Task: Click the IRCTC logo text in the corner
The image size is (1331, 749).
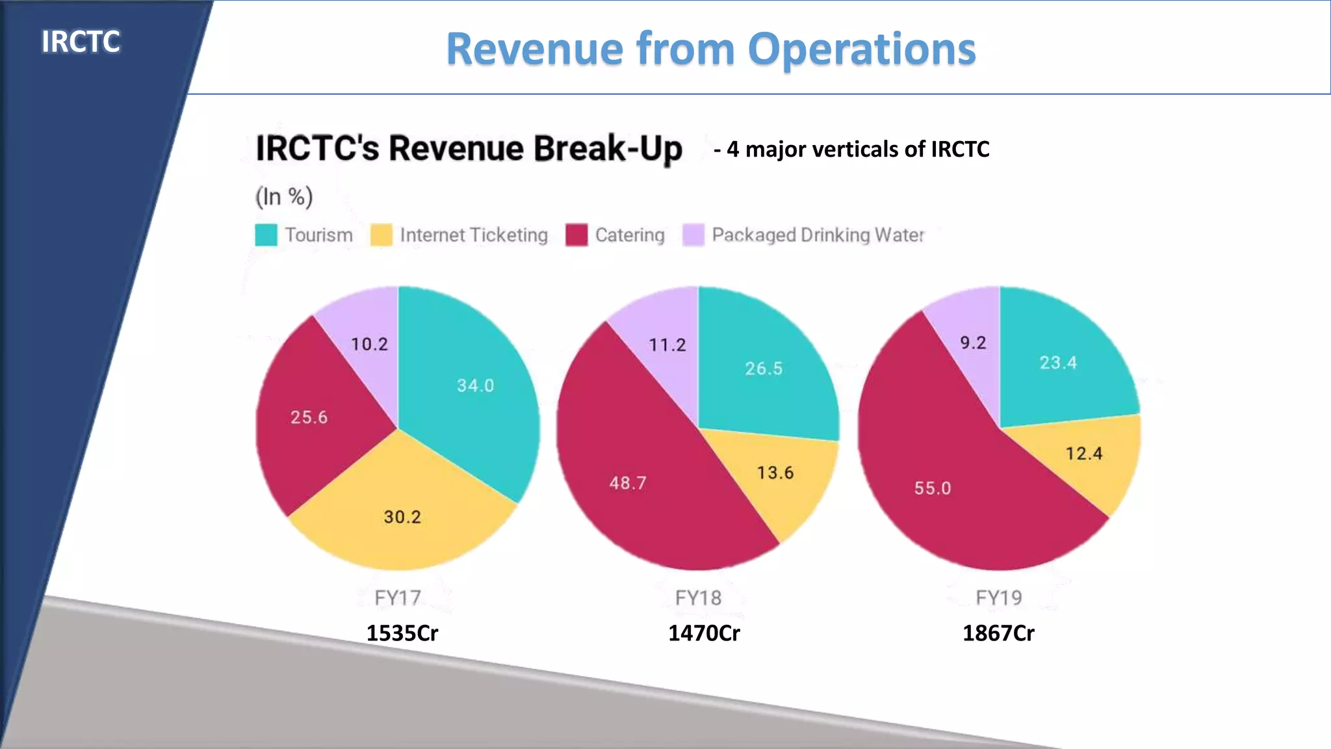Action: point(81,42)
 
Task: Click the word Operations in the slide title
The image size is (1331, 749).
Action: point(862,49)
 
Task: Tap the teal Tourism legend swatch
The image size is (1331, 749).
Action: point(266,235)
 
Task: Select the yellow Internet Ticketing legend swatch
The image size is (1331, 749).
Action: point(381,235)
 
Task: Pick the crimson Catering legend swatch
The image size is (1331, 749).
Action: point(576,235)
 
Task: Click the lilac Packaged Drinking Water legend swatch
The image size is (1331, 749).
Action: point(693,235)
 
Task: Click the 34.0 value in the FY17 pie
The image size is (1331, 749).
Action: point(475,386)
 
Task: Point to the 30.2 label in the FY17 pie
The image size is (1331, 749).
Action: point(402,517)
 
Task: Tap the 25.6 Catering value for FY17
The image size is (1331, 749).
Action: point(309,417)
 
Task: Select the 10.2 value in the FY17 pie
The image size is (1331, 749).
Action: point(369,344)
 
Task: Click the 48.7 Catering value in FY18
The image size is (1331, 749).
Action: point(628,483)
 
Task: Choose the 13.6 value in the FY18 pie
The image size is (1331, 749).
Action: point(775,473)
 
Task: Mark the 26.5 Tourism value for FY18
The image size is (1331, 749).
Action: point(764,369)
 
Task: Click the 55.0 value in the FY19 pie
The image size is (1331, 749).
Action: point(933,488)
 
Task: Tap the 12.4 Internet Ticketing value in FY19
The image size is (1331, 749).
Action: point(1084,453)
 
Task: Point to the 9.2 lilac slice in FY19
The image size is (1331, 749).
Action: point(973,343)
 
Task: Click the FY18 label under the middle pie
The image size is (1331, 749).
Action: point(698,598)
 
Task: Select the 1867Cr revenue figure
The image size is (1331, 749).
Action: point(998,633)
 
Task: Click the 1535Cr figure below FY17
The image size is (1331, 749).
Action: point(402,633)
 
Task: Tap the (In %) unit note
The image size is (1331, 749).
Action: point(284,196)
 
